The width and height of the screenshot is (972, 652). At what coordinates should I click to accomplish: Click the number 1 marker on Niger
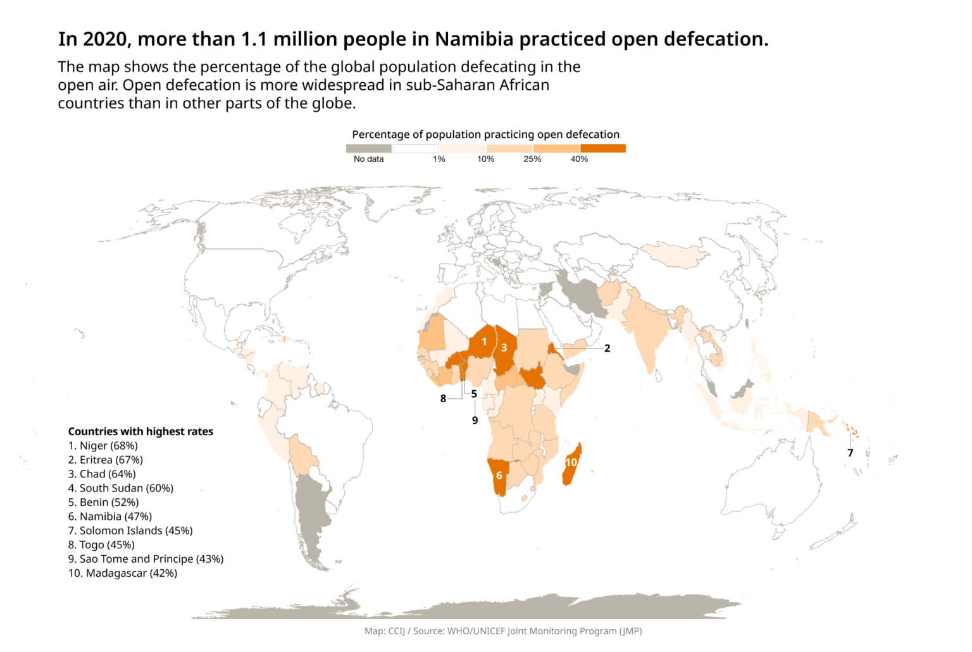(484, 341)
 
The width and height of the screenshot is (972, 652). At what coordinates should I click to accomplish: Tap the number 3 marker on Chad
(504, 348)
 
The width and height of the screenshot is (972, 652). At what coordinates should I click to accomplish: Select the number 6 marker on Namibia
(499, 476)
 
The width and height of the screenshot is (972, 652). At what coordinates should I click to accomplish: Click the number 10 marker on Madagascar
(571, 462)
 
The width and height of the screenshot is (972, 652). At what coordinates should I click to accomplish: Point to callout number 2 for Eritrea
(607, 348)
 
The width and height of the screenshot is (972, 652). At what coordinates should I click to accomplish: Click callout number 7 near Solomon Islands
(850, 453)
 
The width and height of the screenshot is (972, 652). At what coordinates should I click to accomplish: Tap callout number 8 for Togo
(443, 398)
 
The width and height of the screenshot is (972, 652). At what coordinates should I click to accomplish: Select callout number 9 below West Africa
(475, 420)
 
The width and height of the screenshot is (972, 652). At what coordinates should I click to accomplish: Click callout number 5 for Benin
(474, 393)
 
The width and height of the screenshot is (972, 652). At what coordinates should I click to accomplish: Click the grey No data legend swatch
(368, 149)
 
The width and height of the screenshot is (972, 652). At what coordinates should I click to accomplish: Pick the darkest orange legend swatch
(603, 149)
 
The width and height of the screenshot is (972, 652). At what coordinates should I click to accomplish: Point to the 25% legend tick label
(532, 159)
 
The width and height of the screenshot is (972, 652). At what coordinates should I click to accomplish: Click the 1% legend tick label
(439, 159)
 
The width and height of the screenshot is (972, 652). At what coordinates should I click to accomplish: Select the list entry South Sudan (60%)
(121, 488)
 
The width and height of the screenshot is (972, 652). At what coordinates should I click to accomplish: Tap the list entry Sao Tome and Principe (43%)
(146, 559)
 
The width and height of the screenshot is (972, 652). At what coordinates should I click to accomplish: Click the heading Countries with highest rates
(140, 431)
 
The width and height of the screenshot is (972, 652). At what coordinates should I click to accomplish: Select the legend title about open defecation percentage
(485, 134)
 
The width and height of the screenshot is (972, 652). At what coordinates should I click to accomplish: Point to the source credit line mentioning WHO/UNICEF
(503, 631)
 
